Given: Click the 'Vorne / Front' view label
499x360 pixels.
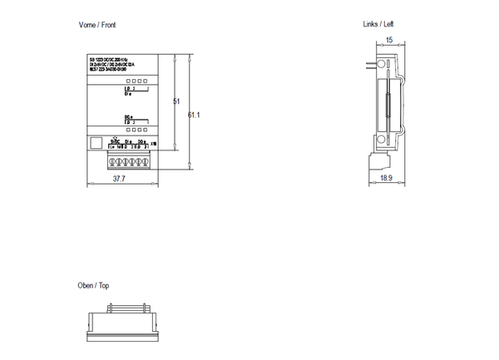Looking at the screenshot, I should pyautogui.click(x=98, y=26).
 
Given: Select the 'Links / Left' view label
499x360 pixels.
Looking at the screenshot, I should pyautogui.click(x=378, y=25).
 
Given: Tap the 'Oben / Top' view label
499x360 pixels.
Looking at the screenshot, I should pyautogui.click(x=93, y=285).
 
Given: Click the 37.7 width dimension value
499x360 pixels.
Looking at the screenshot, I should pyautogui.click(x=119, y=178).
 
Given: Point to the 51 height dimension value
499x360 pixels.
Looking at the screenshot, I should pyautogui.click(x=175, y=101).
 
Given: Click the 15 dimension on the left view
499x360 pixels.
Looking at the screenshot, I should pyautogui.click(x=389, y=40).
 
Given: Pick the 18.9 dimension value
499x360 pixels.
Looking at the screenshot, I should pyautogui.click(x=385, y=178).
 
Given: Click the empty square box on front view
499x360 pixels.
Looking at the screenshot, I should pyautogui.click(x=96, y=141).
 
